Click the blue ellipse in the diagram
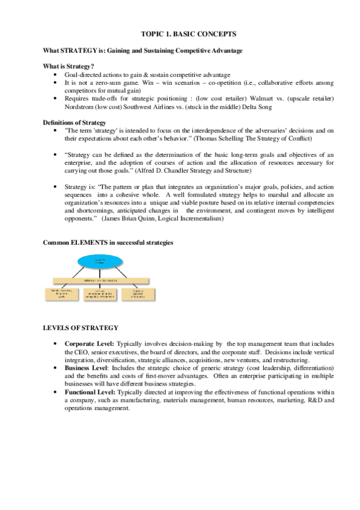click(x=101, y=262)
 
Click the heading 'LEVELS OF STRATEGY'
click(x=80, y=328)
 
